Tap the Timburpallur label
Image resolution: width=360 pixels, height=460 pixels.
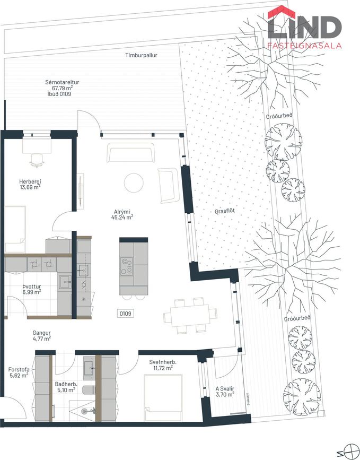(x=142, y=55)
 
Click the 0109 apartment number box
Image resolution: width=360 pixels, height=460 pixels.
(x=126, y=314)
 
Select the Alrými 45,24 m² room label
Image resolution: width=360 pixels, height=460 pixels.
(x=122, y=214)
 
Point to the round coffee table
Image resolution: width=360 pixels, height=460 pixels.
(x=134, y=183)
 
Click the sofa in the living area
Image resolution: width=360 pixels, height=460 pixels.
(x=131, y=153)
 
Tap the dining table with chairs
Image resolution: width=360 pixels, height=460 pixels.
(x=190, y=316)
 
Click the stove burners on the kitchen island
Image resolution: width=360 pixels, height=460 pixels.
(x=127, y=266)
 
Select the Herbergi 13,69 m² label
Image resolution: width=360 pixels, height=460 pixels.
(x=30, y=184)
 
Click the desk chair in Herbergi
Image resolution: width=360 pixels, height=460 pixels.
(x=37, y=160)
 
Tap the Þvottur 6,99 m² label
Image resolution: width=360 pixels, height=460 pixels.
(x=32, y=289)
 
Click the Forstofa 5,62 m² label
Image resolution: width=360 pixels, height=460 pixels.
(x=19, y=372)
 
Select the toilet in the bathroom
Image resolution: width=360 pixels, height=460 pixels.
(x=89, y=389)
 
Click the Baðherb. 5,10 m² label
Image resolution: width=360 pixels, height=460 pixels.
(x=66, y=387)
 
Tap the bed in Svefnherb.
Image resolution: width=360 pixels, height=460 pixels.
(x=163, y=397)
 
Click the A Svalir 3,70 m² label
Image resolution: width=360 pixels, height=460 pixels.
(x=225, y=392)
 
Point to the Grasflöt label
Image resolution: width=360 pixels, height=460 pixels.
(x=225, y=211)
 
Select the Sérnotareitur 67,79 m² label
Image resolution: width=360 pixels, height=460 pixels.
(x=59, y=88)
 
